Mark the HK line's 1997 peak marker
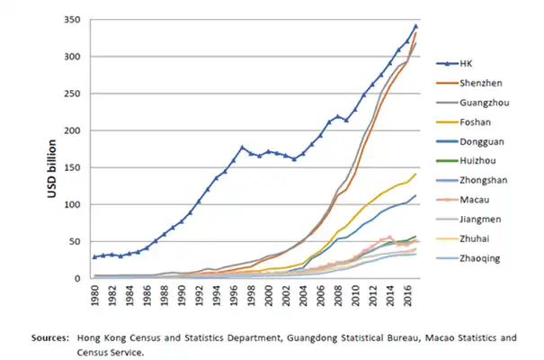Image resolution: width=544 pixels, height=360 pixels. pyautogui.click(x=243, y=147)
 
